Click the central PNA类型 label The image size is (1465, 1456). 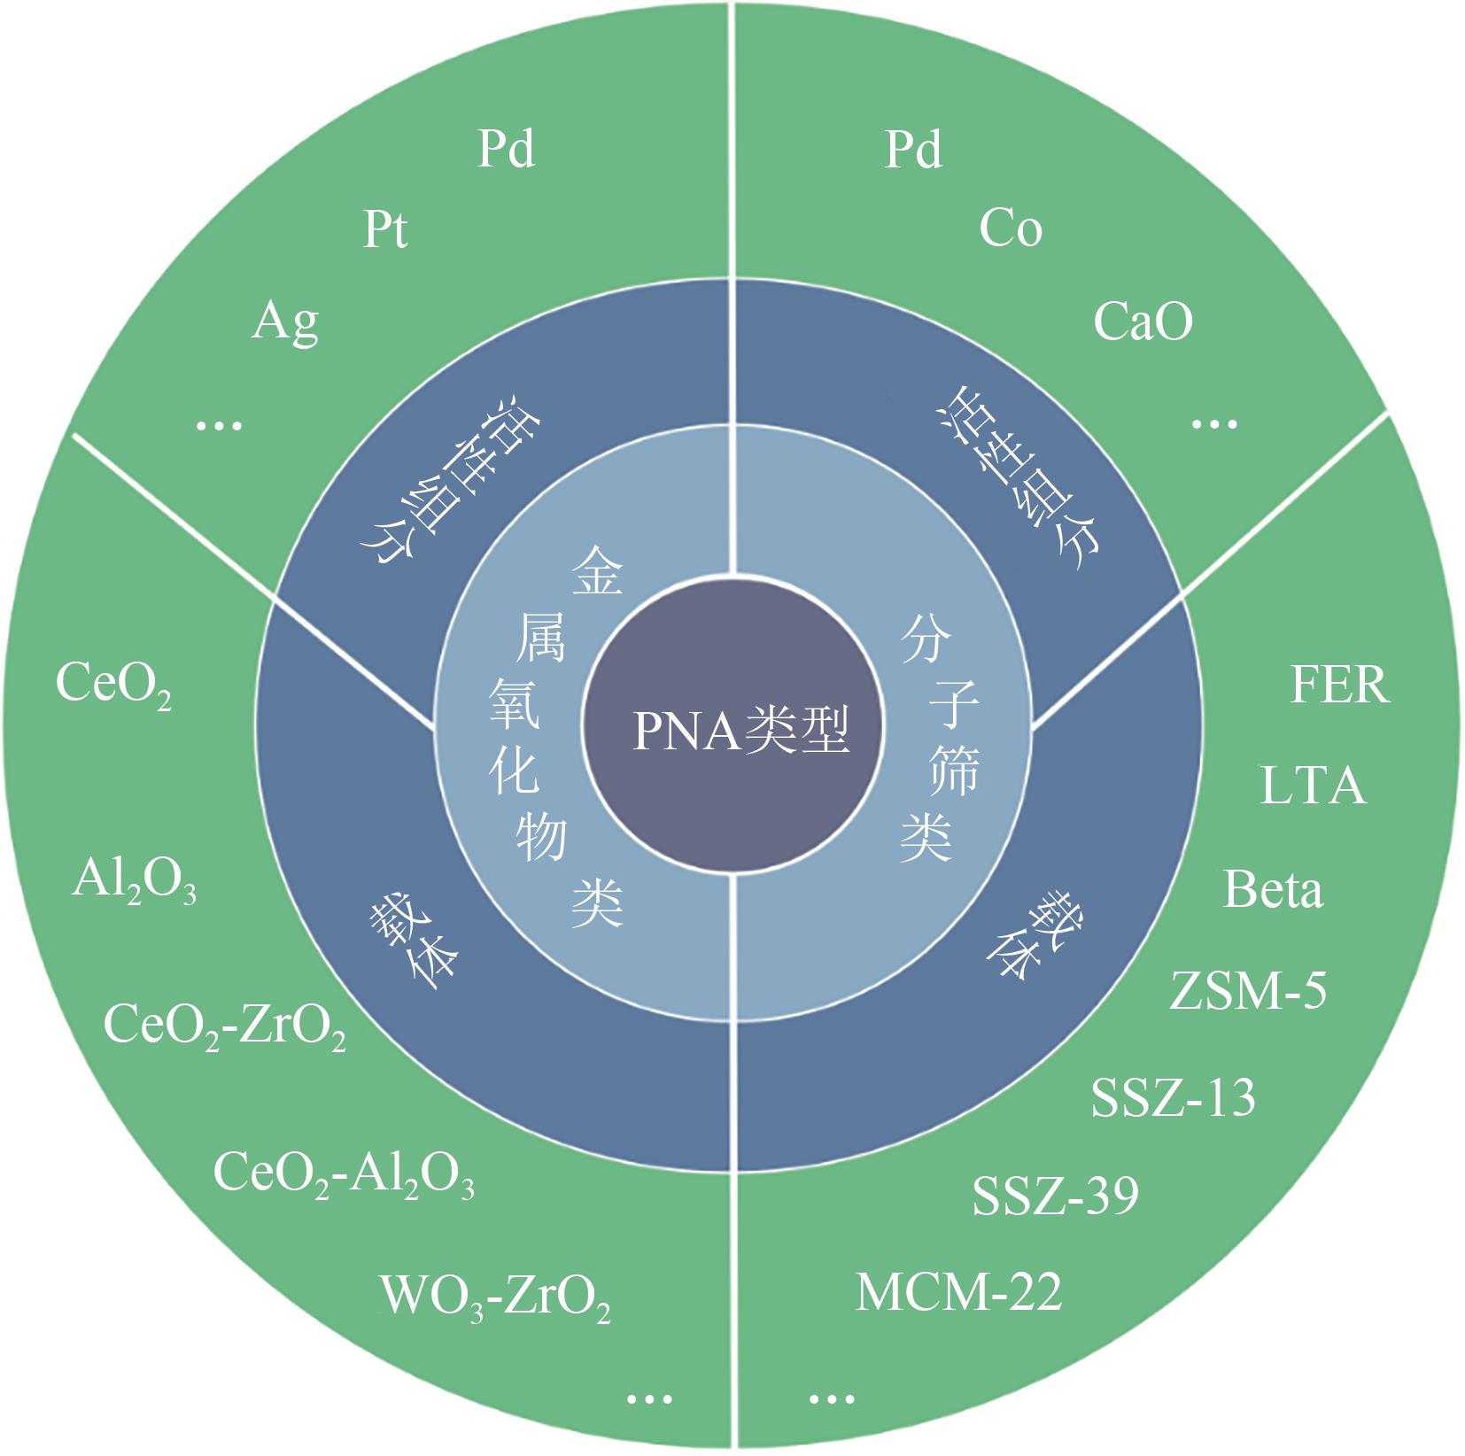[740, 732]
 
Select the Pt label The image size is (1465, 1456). [385, 230]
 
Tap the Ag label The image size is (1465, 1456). [284, 322]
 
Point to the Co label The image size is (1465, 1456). [1010, 228]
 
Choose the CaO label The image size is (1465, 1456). [1143, 321]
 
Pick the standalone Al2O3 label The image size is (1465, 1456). [134, 882]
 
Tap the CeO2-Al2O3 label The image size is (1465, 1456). [344, 1174]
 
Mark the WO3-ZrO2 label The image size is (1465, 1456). [495, 1298]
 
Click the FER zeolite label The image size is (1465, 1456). [1339, 685]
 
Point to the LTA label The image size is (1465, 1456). [1313, 785]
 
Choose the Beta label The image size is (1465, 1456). [1273, 889]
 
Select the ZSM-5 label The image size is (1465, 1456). [1248, 990]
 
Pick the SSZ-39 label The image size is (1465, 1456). [1055, 1196]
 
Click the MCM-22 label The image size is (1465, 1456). [958, 1292]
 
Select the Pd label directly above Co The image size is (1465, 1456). [913, 149]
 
